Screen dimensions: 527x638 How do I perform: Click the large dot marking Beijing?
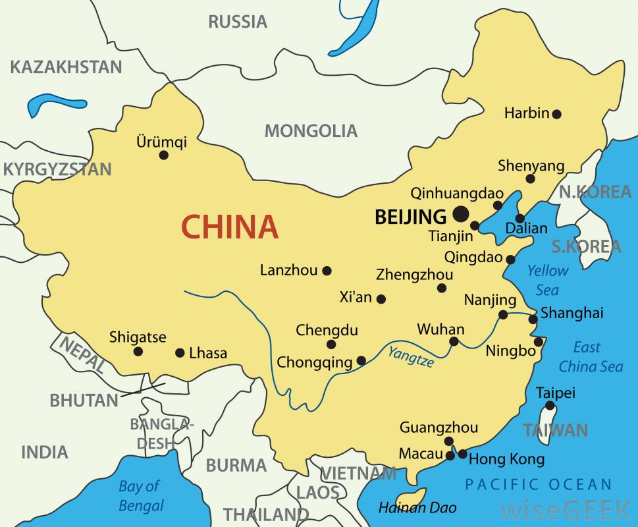click(460, 213)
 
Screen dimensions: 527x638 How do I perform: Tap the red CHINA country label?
click(230, 227)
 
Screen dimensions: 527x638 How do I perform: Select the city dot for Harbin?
click(556, 114)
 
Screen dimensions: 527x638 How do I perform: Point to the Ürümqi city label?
click(161, 142)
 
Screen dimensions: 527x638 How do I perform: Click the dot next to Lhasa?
click(180, 353)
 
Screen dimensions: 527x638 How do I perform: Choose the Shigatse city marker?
click(138, 352)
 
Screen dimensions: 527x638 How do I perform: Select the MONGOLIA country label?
click(311, 130)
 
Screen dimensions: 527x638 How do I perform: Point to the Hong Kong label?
click(506, 459)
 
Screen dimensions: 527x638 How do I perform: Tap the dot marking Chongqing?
click(361, 360)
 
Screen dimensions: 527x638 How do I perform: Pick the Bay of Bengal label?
click(140, 496)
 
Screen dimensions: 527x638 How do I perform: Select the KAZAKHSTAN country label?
click(66, 67)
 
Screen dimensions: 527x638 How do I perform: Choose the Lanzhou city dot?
click(327, 270)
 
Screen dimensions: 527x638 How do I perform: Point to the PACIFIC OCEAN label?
click(539, 485)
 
